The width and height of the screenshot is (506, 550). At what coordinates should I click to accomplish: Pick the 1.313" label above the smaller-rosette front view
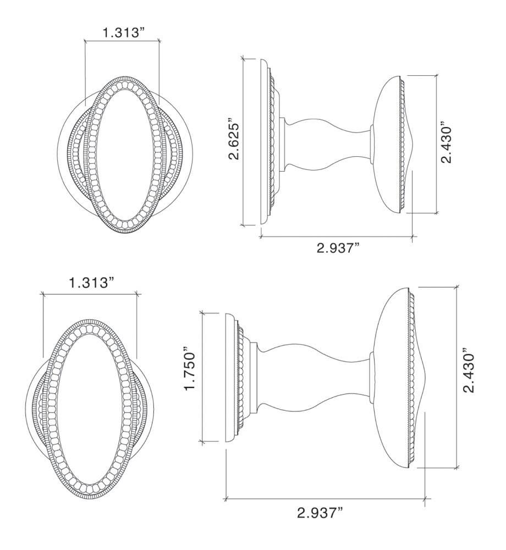pyautogui.click(x=91, y=284)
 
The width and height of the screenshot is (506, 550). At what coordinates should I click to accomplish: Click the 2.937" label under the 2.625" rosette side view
pyautogui.click(x=338, y=249)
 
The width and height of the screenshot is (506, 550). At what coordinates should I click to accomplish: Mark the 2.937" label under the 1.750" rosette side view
pyautogui.click(x=320, y=514)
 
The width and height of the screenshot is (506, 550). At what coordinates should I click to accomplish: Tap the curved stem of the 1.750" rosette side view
pyautogui.click(x=313, y=377)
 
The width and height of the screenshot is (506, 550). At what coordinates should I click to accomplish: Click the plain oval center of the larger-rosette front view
pyautogui.click(x=122, y=158)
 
